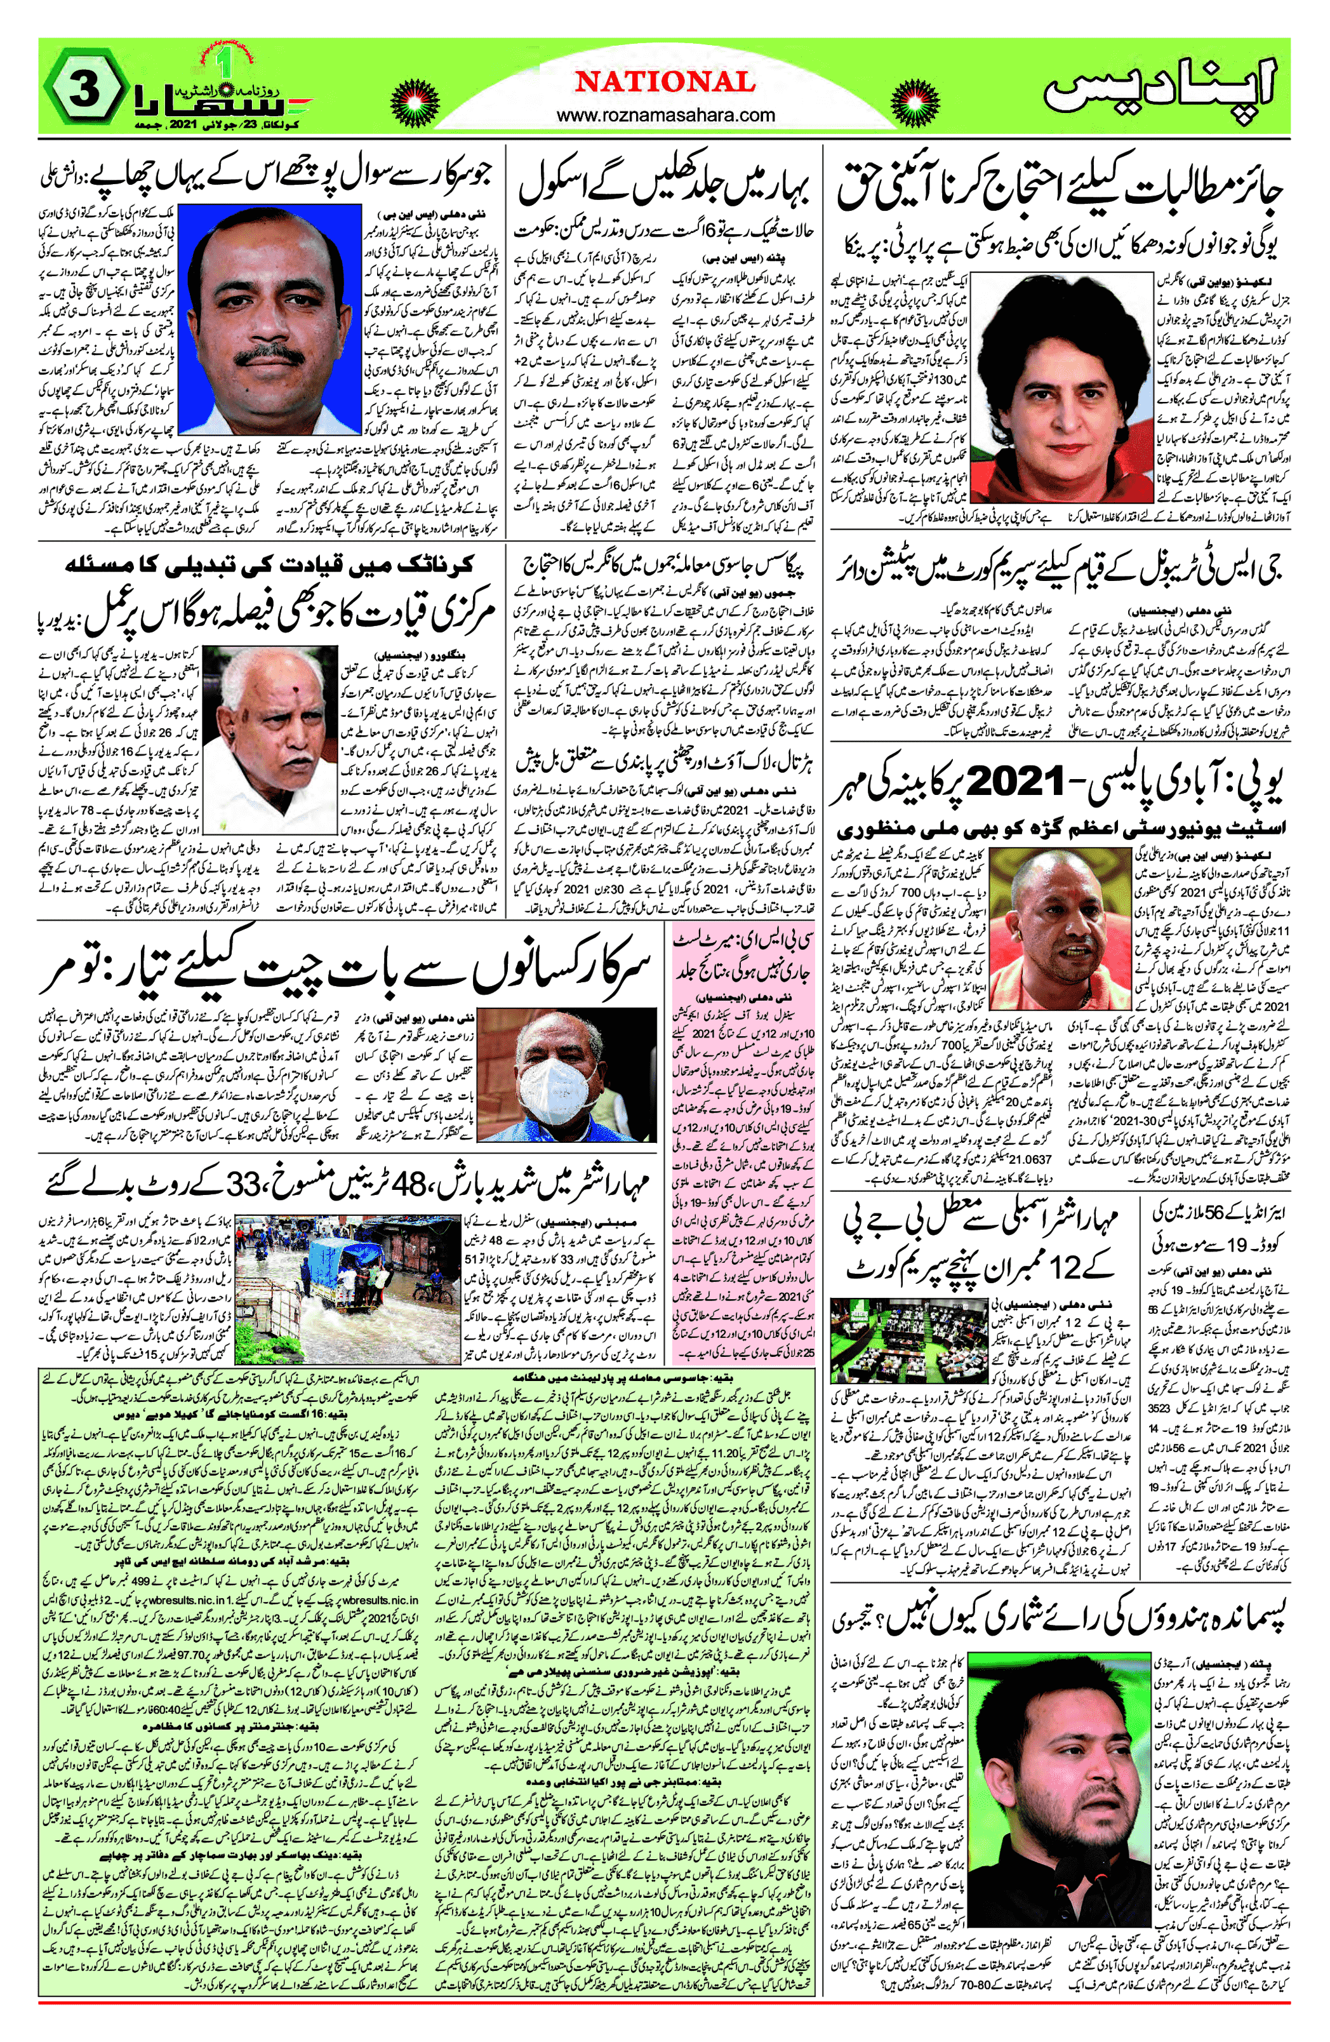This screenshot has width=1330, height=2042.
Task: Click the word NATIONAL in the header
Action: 665,83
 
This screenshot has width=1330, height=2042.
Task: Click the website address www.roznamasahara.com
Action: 665,115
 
